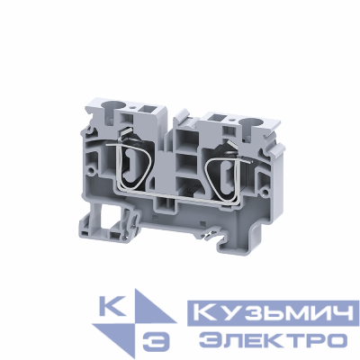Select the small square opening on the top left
[x=143, y=115]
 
